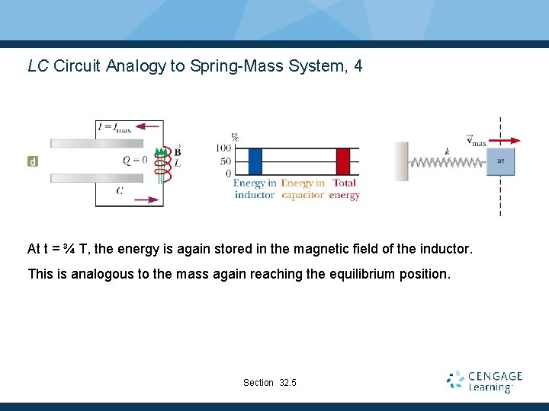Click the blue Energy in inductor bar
(255, 161)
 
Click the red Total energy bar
(343, 161)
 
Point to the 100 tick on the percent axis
(223, 148)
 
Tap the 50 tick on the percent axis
(225, 161)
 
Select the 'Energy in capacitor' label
(303, 189)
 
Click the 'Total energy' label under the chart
(345, 189)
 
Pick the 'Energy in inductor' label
(254, 189)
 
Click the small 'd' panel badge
(33, 161)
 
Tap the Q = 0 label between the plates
(135, 161)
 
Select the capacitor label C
(119, 190)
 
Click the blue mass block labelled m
(500, 161)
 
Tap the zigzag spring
(447, 161)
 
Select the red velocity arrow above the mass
(505, 140)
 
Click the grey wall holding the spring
(401, 161)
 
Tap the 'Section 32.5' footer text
(270, 382)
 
